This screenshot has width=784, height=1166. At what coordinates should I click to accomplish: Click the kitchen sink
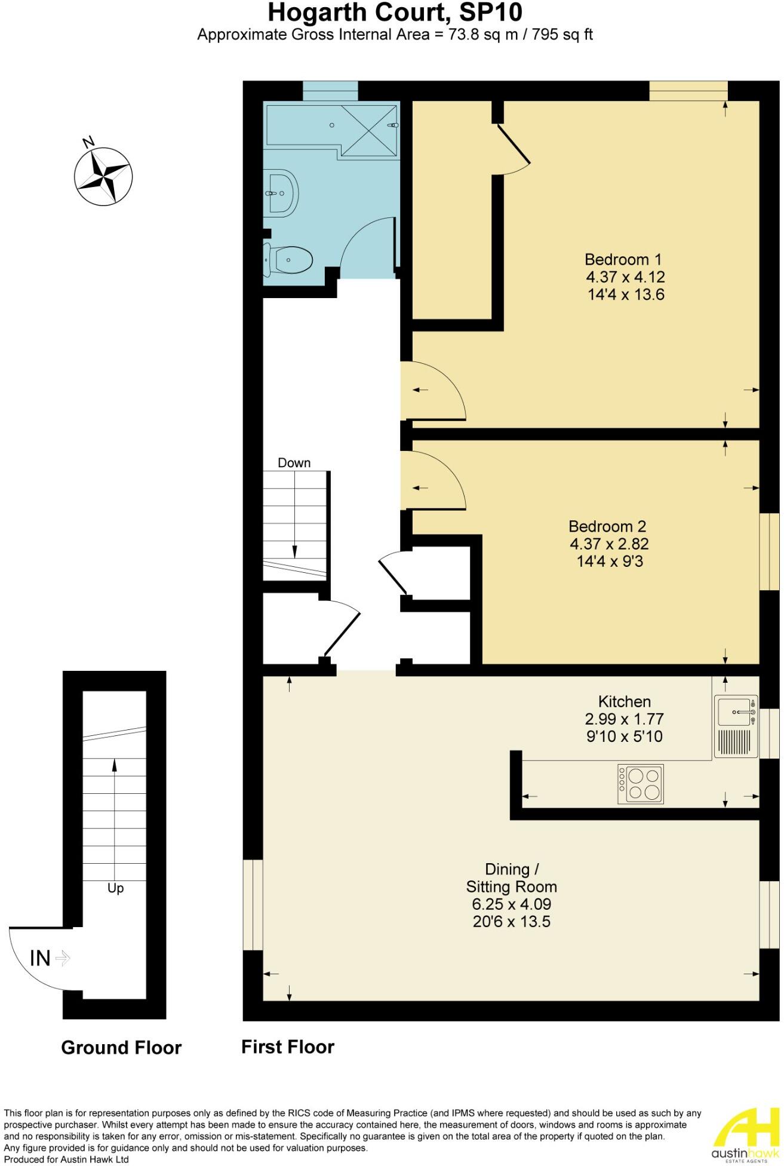coord(736,713)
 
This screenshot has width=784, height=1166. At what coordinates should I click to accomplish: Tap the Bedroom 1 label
coord(623,259)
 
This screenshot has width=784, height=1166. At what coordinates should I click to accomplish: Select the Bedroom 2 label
coord(607,526)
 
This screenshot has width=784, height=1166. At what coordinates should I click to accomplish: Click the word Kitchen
coord(624,701)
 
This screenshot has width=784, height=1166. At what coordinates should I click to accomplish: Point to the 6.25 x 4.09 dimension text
coord(511,904)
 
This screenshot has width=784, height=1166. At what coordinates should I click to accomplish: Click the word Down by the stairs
coord(294,463)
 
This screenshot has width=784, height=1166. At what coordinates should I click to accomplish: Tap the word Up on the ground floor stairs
coord(115,888)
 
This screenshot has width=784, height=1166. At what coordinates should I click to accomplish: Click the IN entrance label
coord(41,959)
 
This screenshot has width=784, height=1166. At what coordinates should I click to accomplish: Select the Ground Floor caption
coord(121,1048)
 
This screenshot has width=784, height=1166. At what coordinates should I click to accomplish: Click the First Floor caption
coord(287,1047)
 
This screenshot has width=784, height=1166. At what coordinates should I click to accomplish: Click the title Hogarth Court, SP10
coord(395,12)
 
